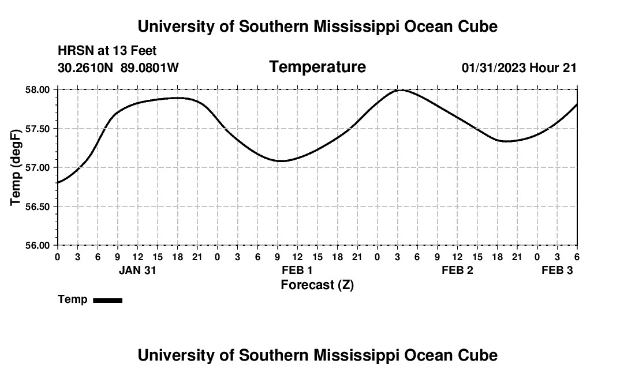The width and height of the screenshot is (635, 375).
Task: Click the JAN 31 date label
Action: [138, 270]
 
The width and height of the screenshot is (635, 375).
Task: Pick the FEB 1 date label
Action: [297, 270]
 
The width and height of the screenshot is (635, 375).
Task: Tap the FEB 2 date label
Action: [457, 270]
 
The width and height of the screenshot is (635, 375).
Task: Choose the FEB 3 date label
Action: [557, 270]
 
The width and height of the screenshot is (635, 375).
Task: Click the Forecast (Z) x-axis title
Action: [317, 285]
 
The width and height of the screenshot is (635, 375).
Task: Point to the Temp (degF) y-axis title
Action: [16, 167]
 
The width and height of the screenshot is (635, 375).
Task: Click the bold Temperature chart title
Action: [317, 67]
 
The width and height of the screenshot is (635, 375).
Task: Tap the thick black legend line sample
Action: [107, 300]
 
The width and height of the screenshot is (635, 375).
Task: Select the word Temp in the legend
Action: [73, 299]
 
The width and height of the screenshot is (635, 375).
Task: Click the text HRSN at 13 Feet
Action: [107, 51]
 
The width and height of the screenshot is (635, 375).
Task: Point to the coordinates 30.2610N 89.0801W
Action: [118, 68]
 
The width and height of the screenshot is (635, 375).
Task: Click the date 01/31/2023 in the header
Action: [494, 68]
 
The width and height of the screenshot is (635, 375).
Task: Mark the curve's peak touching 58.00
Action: [399, 90]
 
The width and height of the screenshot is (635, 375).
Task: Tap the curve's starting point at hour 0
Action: [58, 182]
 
